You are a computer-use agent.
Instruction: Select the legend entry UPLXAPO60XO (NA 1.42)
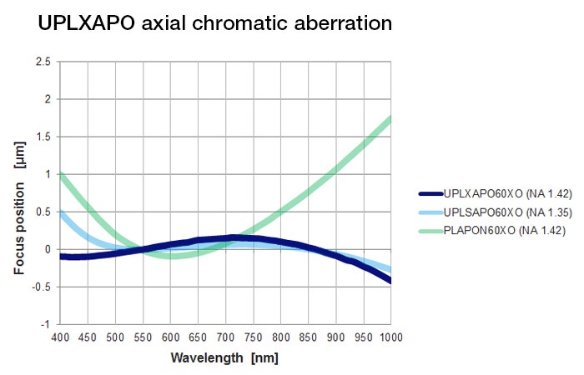[501, 191]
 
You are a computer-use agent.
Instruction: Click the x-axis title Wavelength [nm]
[224, 358]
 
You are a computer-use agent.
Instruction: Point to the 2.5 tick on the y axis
[43, 62]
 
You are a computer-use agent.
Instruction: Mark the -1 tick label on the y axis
[45, 324]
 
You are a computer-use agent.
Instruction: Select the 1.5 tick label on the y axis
[43, 137]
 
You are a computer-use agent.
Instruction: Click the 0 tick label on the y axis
[48, 249]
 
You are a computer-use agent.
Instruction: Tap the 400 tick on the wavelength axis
[59, 337]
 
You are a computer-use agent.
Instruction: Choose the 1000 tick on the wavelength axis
[390, 337]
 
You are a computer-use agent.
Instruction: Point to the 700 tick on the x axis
[225, 337]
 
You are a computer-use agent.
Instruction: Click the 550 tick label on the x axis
[142, 337]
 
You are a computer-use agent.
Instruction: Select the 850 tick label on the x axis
[308, 337]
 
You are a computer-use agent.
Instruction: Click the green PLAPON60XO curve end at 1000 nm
[390, 118]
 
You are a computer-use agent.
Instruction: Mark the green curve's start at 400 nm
[60, 174]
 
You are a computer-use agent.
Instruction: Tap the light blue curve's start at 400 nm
[60, 212]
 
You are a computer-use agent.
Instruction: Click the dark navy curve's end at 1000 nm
[390, 281]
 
